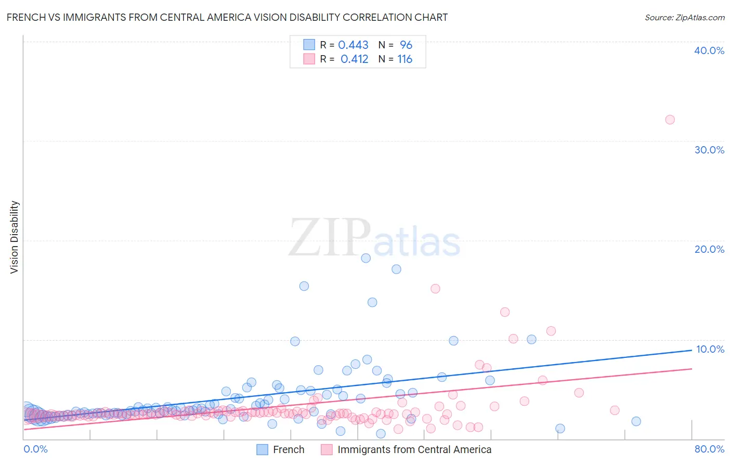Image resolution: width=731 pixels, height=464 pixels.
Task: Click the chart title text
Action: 227,17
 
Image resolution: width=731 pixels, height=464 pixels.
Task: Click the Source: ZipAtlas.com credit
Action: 684,17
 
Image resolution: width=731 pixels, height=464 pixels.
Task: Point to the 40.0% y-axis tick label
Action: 709,50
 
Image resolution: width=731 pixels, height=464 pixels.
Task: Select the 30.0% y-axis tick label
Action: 709,150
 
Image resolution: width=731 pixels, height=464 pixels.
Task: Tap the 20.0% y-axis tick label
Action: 709,249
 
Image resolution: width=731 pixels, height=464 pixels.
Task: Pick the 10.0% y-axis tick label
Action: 710,349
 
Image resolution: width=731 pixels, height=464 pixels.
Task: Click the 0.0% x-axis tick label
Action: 35,449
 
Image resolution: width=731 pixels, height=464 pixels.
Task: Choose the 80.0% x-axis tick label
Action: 709,449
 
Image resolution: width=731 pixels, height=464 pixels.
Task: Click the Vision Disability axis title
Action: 15,237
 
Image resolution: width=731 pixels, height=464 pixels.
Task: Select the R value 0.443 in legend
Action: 353,45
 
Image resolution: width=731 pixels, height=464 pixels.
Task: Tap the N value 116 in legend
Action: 404,59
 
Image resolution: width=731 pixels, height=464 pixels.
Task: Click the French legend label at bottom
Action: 289,449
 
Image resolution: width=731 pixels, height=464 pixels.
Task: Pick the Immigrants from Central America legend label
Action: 414,449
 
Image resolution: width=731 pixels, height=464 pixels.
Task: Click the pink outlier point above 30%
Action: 670,120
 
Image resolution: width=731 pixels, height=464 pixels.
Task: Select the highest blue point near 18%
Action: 365,258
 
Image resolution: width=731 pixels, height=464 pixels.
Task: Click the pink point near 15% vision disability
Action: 435,289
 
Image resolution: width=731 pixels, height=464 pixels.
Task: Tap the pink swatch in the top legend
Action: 309,59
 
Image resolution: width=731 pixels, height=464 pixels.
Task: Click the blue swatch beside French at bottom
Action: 263,449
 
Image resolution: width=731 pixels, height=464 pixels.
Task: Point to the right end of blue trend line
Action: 691,351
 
